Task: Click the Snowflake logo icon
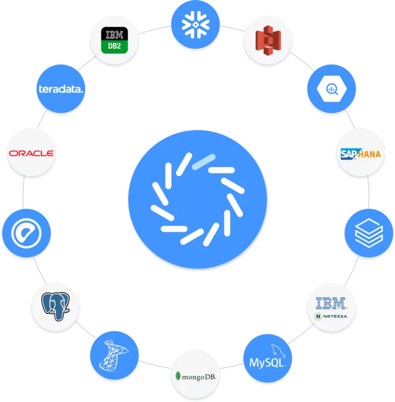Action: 195,25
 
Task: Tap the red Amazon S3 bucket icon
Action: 267,41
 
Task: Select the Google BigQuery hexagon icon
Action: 331,90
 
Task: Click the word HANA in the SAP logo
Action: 368,155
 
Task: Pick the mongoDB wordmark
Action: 198,376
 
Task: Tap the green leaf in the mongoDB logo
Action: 178,376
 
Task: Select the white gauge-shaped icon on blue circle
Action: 26,234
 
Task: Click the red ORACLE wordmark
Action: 31,153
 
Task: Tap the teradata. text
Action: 60,89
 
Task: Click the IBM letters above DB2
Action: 114,35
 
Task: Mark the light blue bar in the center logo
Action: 204,162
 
